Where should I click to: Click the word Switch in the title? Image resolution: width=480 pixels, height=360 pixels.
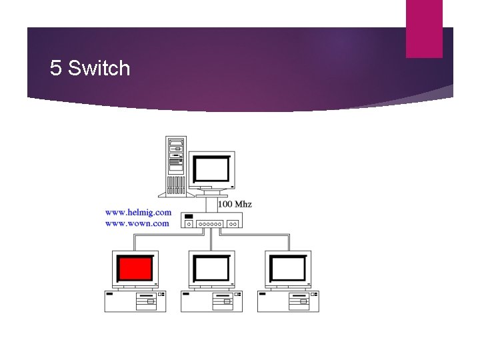[99, 68]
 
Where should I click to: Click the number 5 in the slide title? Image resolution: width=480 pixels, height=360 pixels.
[56, 68]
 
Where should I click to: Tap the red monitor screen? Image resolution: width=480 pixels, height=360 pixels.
[135, 268]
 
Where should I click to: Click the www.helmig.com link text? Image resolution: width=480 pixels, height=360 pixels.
[138, 213]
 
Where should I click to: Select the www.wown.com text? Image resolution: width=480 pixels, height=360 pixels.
[137, 223]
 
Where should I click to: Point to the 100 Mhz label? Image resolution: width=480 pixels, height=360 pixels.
[235, 204]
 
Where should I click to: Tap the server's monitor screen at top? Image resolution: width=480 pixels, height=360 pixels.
[211, 169]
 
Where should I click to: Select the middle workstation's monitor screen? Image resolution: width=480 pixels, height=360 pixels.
[211, 269]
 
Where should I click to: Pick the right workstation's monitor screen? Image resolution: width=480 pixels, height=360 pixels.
[288, 269]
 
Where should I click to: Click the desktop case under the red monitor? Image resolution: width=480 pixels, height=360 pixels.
[135, 301]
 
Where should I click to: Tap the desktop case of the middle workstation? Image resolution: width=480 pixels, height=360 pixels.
[211, 301]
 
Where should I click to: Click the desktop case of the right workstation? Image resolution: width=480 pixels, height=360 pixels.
[288, 301]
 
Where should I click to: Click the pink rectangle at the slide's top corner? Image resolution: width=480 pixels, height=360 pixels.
[424, 28]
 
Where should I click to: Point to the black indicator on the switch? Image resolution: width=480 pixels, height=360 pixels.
[189, 217]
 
